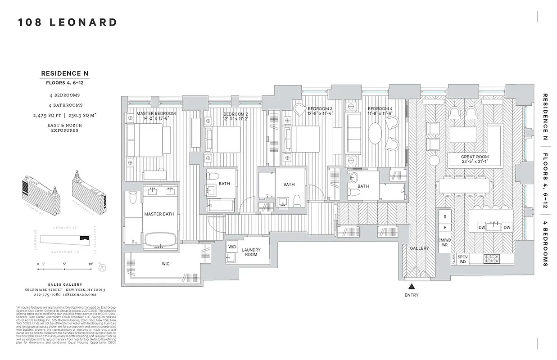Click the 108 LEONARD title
click(x=68, y=22)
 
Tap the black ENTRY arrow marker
click(x=411, y=286)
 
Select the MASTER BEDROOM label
click(x=156, y=113)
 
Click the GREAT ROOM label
click(x=474, y=157)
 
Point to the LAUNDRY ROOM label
click(x=251, y=252)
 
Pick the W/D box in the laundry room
click(x=232, y=247)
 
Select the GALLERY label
click(x=419, y=248)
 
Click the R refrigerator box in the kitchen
click(x=445, y=217)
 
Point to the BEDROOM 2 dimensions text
click(x=235, y=120)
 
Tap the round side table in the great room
click(x=434, y=160)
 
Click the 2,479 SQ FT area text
click(x=49, y=115)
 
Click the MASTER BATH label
click(x=159, y=214)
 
